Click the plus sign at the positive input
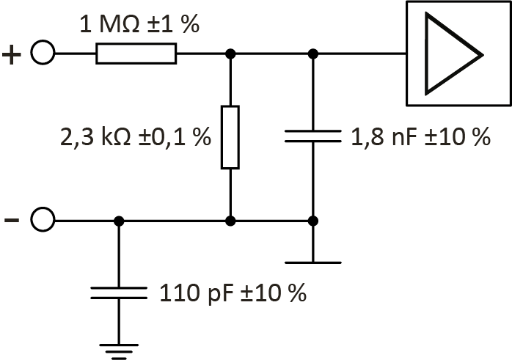(13, 55)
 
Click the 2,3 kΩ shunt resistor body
(230, 137)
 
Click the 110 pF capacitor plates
(118, 293)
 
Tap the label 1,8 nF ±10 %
(421, 137)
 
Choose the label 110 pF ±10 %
(232, 294)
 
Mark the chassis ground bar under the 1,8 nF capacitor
(313, 262)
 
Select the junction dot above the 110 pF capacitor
(118, 220)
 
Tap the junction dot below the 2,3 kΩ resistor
(230, 220)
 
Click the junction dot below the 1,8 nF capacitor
(313, 220)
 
